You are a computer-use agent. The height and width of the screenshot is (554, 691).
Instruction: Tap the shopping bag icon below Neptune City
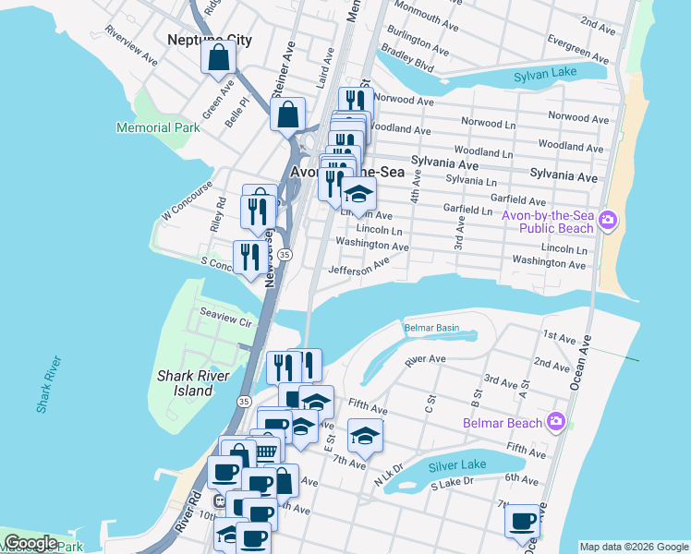(x=219, y=60)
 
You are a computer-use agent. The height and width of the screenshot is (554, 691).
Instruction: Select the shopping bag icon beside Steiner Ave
(x=287, y=115)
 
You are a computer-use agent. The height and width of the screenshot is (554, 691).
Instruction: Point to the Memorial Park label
(x=158, y=127)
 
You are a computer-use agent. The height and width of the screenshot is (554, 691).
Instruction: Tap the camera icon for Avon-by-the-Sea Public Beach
(x=608, y=220)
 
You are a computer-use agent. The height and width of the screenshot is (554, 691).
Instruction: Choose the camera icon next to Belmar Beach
(x=555, y=422)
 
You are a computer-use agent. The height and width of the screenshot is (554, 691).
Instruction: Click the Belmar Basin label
(x=431, y=328)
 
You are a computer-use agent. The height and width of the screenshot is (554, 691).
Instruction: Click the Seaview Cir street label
(x=226, y=322)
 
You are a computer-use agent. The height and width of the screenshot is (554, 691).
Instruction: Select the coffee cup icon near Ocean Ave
(x=522, y=520)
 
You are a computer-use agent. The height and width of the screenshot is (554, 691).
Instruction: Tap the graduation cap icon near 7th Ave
(x=365, y=435)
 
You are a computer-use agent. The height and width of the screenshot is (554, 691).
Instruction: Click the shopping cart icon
(x=266, y=452)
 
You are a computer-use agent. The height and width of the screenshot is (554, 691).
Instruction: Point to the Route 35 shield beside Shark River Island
(x=244, y=402)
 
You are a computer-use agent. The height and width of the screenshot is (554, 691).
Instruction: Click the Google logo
(x=30, y=543)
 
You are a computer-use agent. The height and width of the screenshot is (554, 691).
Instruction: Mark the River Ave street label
(x=425, y=359)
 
